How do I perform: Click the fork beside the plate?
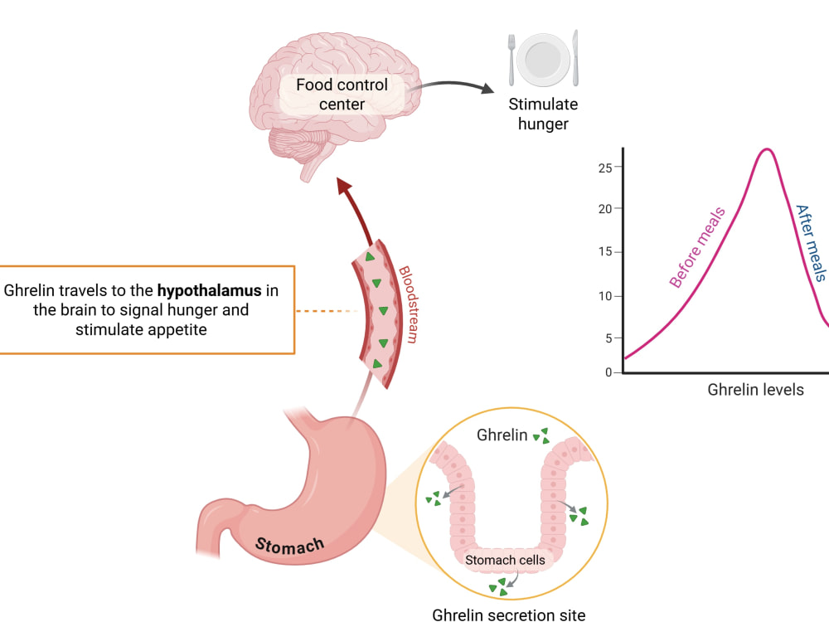[x=511, y=60]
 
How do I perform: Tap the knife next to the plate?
[x=575, y=58]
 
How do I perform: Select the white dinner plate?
[x=543, y=59]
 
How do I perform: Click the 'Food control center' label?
[x=342, y=95]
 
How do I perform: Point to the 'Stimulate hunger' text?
[x=543, y=114]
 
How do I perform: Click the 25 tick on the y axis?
[x=605, y=168]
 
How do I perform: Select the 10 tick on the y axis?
[x=605, y=296]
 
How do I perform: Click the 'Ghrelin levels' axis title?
[x=755, y=390]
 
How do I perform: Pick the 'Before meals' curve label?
[x=697, y=247]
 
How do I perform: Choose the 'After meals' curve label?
[x=812, y=243]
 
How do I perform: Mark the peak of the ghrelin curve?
[x=767, y=149]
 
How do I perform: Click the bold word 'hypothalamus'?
[x=210, y=290]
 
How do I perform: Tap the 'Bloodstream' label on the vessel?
[x=409, y=304]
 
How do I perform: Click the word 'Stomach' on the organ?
[x=289, y=546]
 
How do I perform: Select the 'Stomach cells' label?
[x=505, y=560]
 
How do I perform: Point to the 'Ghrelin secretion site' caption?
[x=509, y=615]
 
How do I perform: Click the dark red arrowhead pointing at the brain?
[x=345, y=186]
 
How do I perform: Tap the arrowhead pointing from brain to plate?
[x=487, y=88]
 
